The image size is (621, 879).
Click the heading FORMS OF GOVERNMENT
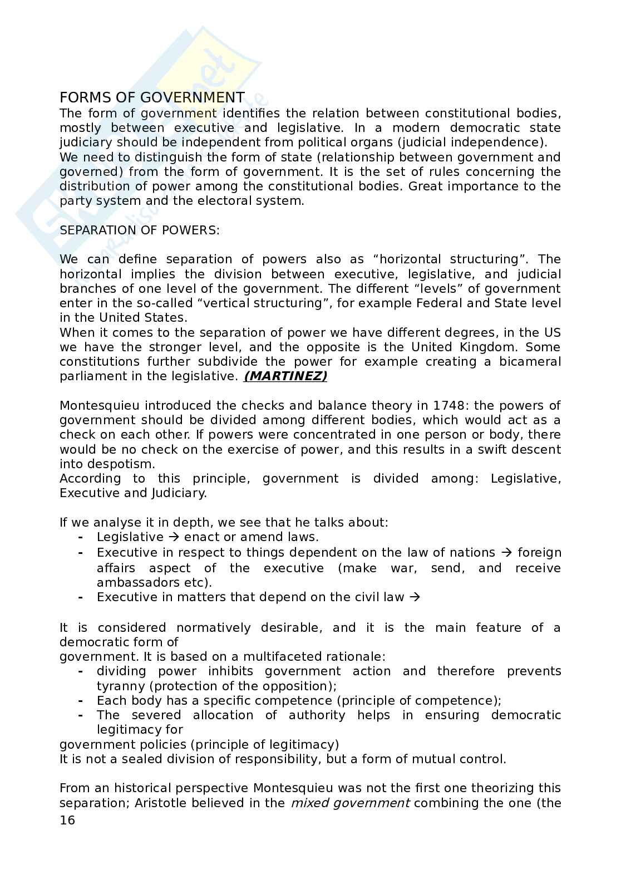152,98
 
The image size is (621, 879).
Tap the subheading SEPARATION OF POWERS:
140,230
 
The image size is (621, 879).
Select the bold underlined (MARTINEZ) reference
285,376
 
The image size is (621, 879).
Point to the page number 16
67,821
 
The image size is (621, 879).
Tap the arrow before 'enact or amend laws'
173,537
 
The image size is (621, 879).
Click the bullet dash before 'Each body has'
81,701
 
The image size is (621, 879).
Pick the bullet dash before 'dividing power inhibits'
81,671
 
